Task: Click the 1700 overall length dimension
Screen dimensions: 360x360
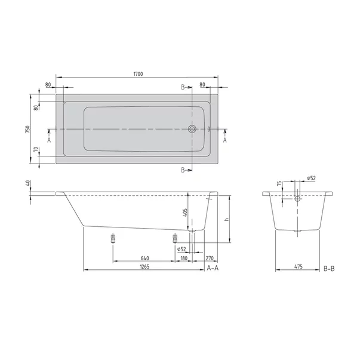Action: pyautogui.click(x=138, y=74)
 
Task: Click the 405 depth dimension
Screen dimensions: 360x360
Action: pyautogui.click(x=185, y=211)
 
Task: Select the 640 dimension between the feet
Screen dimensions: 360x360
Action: pyautogui.click(x=144, y=258)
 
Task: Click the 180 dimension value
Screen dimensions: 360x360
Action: pyautogui.click(x=184, y=258)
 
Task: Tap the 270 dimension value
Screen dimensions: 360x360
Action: pyautogui.click(x=209, y=258)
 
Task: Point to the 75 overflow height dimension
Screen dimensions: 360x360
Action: pyautogui.click(x=279, y=185)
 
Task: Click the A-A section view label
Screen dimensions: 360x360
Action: pyautogui.click(x=213, y=269)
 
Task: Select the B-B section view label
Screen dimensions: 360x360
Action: pyautogui.click(x=329, y=269)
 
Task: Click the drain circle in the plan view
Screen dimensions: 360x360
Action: pyautogui.click(x=193, y=129)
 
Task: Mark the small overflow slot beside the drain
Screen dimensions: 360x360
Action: pyautogui.click(x=208, y=129)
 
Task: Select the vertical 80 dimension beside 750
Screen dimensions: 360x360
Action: pyautogui.click(x=36, y=107)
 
